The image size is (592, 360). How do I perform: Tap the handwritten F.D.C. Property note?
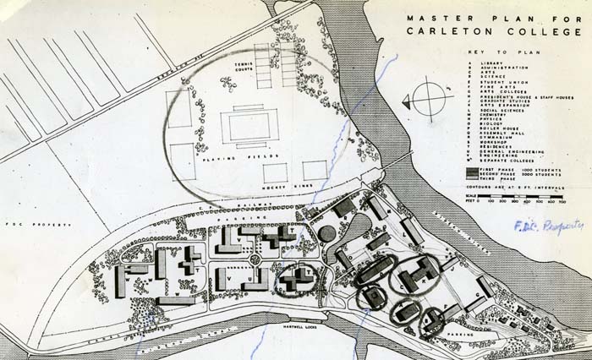[547, 226]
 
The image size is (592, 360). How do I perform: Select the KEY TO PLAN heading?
[504, 53]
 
